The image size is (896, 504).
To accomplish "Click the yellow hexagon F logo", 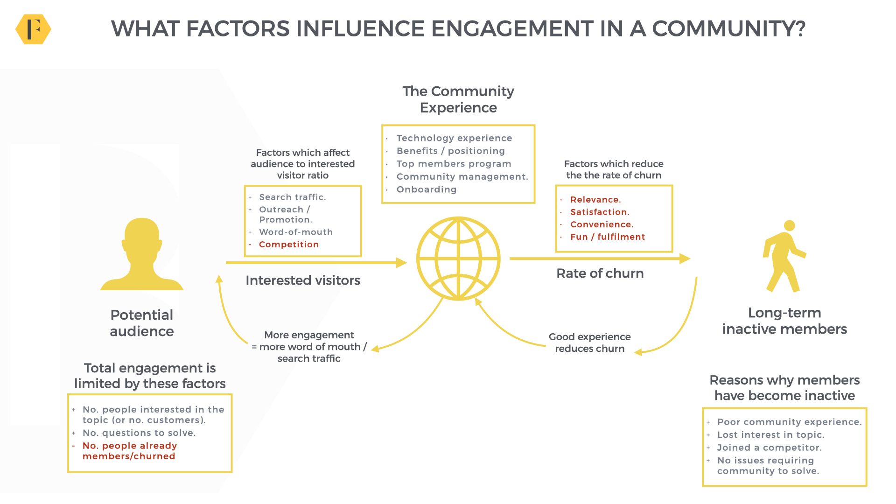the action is click(33, 29).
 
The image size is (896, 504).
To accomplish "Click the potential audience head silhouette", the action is click(142, 254).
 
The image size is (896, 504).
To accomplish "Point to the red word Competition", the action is click(289, 245).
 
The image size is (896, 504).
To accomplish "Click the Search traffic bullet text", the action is click(293, 197).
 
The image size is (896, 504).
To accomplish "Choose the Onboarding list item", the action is click(427, 189).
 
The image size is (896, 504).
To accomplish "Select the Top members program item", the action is click(454, 164).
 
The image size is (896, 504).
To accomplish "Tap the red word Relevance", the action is click(595, 200).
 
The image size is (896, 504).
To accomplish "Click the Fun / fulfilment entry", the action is click(608, 237).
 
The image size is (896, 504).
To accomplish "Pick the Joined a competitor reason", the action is click(770, 448).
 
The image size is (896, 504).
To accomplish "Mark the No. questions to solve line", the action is click(139, 433).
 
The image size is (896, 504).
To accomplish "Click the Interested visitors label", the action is click(303, 280).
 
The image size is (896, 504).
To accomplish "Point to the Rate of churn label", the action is click(600, 273).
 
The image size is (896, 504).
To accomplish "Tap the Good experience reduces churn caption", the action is click(590, 343).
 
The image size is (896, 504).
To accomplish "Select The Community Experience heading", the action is click(458, 99).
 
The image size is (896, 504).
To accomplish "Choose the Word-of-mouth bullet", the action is click(296, 232).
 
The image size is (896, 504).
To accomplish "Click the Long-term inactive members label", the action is click(784, 321).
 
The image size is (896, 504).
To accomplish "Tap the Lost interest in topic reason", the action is click(771, 435).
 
